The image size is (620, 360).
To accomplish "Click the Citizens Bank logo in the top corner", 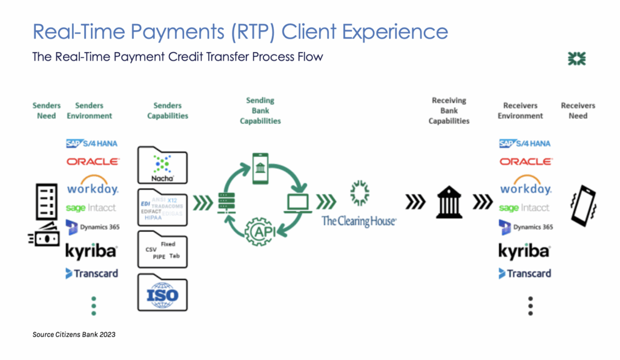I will click(576, 59).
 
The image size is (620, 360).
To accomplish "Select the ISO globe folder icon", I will click(162, 294).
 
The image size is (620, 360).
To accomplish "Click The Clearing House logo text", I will click(359, 221).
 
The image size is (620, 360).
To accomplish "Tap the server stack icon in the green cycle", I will click(226, 200).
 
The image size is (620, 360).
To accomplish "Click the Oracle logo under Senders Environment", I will click(93, 162).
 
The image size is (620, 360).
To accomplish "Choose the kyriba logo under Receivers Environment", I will click(524, 250).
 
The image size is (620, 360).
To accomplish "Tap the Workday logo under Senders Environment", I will click(93, 186).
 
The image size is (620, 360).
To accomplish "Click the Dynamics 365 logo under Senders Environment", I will click(93, 227).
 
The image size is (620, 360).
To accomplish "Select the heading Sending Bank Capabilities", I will click(260, 111).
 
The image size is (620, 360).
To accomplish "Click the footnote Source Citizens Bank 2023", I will click(74, 334).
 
